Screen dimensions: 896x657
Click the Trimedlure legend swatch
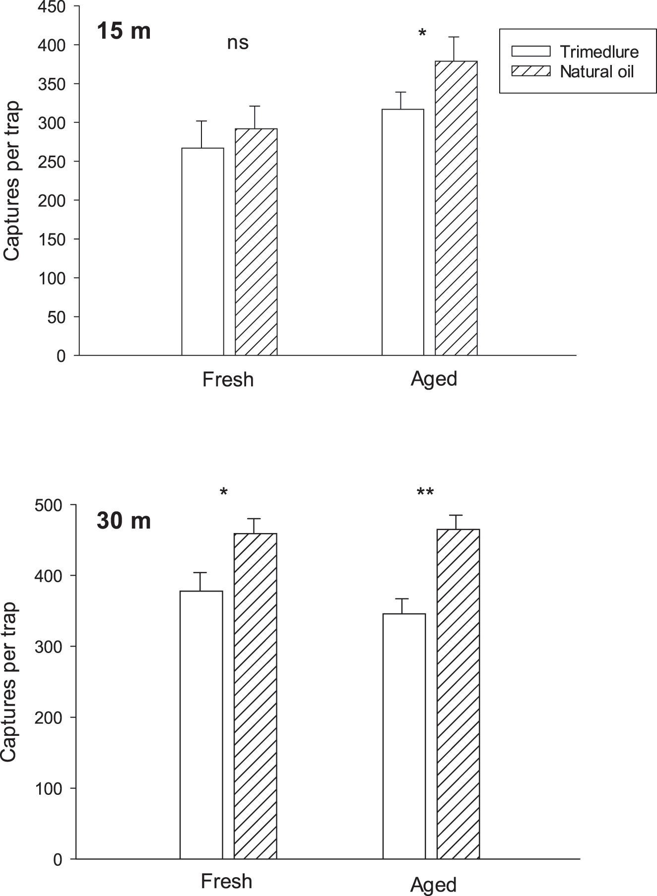pos(531,52)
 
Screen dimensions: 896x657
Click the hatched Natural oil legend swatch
pos(531,71)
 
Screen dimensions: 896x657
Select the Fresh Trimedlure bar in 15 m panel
pos(202,251)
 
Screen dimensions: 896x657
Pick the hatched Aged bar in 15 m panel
pos(456,208)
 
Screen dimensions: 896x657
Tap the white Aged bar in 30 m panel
pos(404,736)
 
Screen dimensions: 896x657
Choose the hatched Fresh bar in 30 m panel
pos(255,696)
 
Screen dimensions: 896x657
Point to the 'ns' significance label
pos(238,43)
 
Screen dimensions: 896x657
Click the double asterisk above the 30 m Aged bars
pos(425,493)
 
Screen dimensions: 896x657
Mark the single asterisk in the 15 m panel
pos(422,34)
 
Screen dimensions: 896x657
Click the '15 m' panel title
pos(124,32)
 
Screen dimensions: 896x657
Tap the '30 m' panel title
pos(124,521)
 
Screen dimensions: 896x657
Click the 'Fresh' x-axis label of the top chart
pos(228,379)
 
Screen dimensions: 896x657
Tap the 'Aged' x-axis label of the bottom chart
pos(433,885)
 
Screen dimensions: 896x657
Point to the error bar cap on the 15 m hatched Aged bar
pos(452,37)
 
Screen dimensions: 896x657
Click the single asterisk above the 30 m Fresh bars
pos(224,492)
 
